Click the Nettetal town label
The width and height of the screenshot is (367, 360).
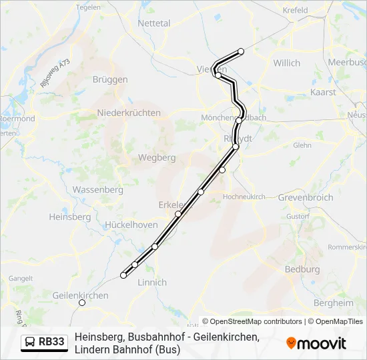point(153,23)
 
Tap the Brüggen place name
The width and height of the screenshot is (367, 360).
point(111,79)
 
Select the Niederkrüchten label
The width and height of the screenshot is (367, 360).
point(129,113)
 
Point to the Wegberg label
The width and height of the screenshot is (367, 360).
point(156,158)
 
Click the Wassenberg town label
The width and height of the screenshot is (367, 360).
point(97,190)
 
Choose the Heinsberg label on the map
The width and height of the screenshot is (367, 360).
point(69,217)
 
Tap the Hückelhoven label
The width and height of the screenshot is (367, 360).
point(131,226)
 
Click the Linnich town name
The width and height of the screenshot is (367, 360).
point(151,283)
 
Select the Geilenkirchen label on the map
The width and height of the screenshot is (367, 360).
point(80,295)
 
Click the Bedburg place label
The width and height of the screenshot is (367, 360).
point(302,269)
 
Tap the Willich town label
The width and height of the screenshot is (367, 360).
point(287,63)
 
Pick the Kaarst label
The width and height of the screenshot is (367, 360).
point(324,93)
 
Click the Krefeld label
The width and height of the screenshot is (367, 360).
point(295,11)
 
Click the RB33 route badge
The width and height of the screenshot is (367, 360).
point(45,342)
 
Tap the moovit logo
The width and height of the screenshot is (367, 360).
point(316,343)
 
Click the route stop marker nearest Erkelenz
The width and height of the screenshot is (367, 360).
point(178,214)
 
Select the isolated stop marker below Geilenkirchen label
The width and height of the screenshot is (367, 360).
point(82,303)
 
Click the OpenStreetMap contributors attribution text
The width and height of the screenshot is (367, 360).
point(252,321)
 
